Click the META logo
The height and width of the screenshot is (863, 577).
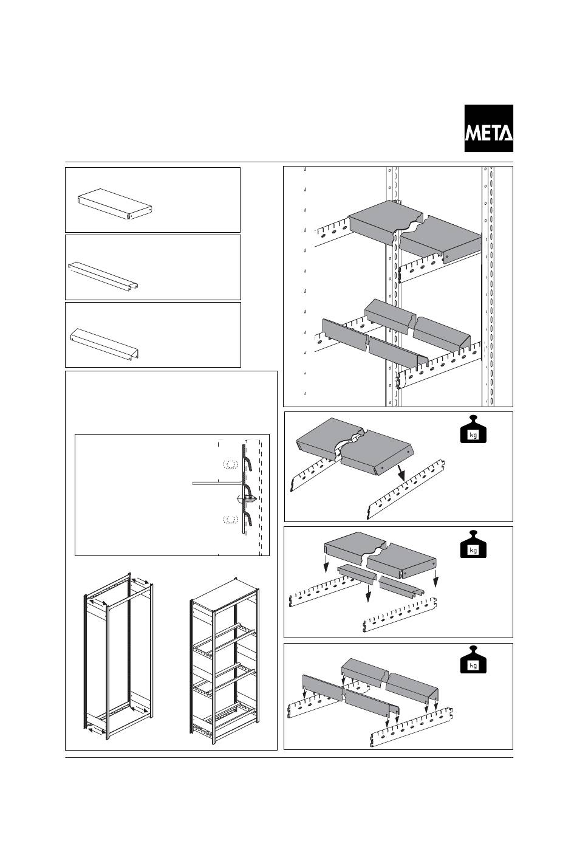click(489, 128)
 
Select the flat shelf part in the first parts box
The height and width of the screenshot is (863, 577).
click(115, 206)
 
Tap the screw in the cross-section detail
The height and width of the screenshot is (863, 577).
click(247, 499)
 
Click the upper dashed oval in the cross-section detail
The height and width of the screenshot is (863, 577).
click(230, 464)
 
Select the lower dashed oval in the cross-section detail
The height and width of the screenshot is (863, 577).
click(230, 520)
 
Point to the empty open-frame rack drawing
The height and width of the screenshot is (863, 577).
click(118, 656)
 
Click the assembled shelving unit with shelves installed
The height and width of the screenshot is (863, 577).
click(225, 659)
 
